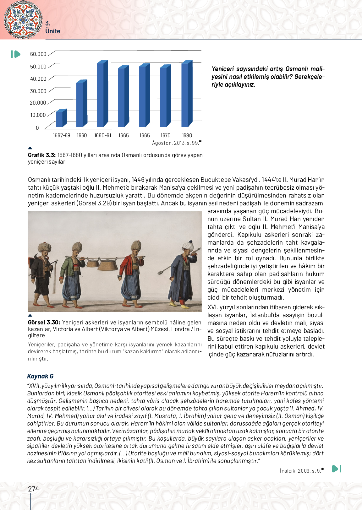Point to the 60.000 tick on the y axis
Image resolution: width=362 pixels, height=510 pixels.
pos(38,54)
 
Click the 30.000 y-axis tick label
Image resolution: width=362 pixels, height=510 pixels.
pos(38,91)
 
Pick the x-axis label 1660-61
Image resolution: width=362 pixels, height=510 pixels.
pos(103,135)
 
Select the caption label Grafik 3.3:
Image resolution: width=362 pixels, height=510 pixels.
pos(42,155)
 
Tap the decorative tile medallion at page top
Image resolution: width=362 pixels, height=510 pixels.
pos(23,19)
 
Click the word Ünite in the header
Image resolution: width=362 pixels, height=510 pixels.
pos(53,31)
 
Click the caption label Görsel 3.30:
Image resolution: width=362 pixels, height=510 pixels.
pos(44,323)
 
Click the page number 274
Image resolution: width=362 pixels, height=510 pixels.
pos(34,489)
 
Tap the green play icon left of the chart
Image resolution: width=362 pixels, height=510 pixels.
pos(15,54)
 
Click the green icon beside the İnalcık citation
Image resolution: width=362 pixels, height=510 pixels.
pos(337,469)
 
